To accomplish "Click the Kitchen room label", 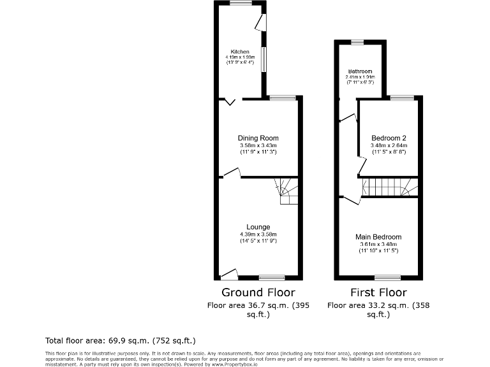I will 240,52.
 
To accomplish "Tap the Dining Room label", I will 258,138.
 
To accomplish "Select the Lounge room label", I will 258,227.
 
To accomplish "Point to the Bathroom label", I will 360,71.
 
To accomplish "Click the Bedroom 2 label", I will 389,138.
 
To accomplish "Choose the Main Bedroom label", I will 378,237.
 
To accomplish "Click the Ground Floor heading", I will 258,293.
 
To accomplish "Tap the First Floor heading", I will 378,293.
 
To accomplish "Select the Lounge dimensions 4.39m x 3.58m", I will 258,234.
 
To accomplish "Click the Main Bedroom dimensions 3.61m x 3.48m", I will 378,245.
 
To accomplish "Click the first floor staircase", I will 389,188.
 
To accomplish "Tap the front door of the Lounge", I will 228,275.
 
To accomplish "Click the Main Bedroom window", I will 387,278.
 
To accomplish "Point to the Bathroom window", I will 357,42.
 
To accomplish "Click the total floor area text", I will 121,341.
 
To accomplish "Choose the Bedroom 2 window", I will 402,97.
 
